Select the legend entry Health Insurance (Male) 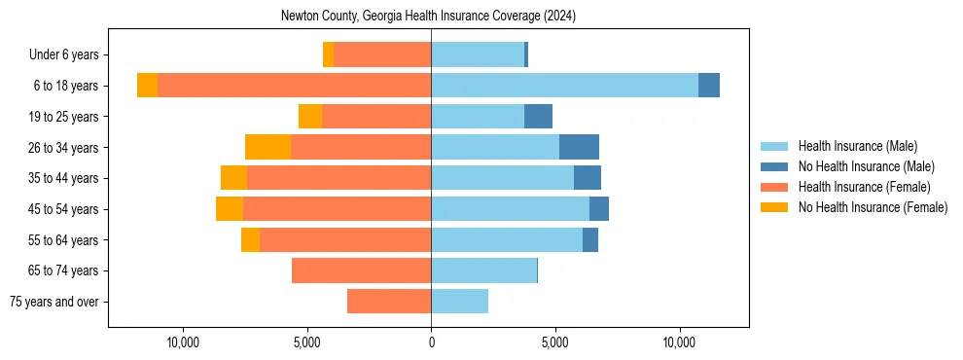click(x=857, y=146)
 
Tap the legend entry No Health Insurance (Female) click(x=873, y=207)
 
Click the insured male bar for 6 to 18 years click(x=564, y=86)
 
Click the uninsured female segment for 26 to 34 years click(x=267, y=147)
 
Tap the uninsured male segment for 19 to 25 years click(x=538, y=117)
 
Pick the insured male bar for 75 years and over click(x=459, y=302)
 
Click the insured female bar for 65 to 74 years click(x=361, y=270)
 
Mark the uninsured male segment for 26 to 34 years click(x=579, y=147)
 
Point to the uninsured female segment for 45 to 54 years click(x=230, y=209)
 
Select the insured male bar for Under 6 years click(x=478, y=54)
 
